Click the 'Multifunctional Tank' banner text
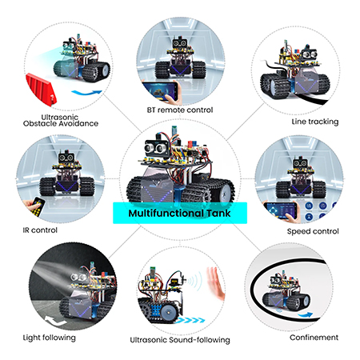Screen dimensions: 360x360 pyautogui.click(x=179, y=213)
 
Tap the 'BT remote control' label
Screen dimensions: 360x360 pyautogui.click(x=180, y=110)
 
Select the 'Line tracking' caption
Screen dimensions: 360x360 pyautogui.click(x=315, y=122)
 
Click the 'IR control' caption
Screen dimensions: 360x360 pyautogui.click(x=40, y=230)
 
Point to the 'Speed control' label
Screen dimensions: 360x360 pyautogui.click(x=313, y=231)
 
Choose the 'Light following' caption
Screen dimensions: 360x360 pyautogui.click(x=50, y=338)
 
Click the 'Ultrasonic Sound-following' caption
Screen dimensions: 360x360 pyautogui.click(x=180, y=340)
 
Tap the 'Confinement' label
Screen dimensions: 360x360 pyautogui.click(x=314, y=338)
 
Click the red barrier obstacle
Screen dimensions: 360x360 pyautogui.click(x=41, y=89)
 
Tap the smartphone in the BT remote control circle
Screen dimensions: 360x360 pyautogui.click(x=161, y=90)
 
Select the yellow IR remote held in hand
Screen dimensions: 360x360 pyautogui.click(x=38, y=206)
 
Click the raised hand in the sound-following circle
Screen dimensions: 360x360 pyautogui.click(x=215, y=283)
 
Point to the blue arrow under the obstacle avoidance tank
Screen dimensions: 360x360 pyautogui.click(x=87, y=93)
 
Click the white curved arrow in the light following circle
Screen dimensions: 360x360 pyautogui.click(x=55, y=321)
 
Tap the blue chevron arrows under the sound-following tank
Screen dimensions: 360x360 pyautogui.click(x=190, y=320)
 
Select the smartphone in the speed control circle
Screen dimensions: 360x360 pyautogui.click(x=281, y=210)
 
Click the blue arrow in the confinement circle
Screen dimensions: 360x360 pyautogui.click(x=305, y=315)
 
